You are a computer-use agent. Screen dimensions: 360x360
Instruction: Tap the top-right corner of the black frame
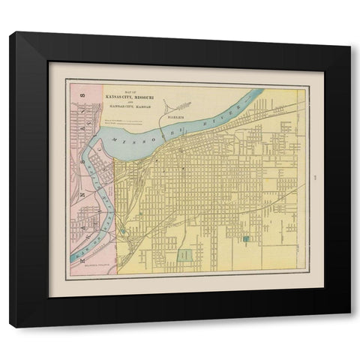tap(350, 32)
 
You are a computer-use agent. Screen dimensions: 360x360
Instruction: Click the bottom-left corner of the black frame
tap(10, 327)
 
